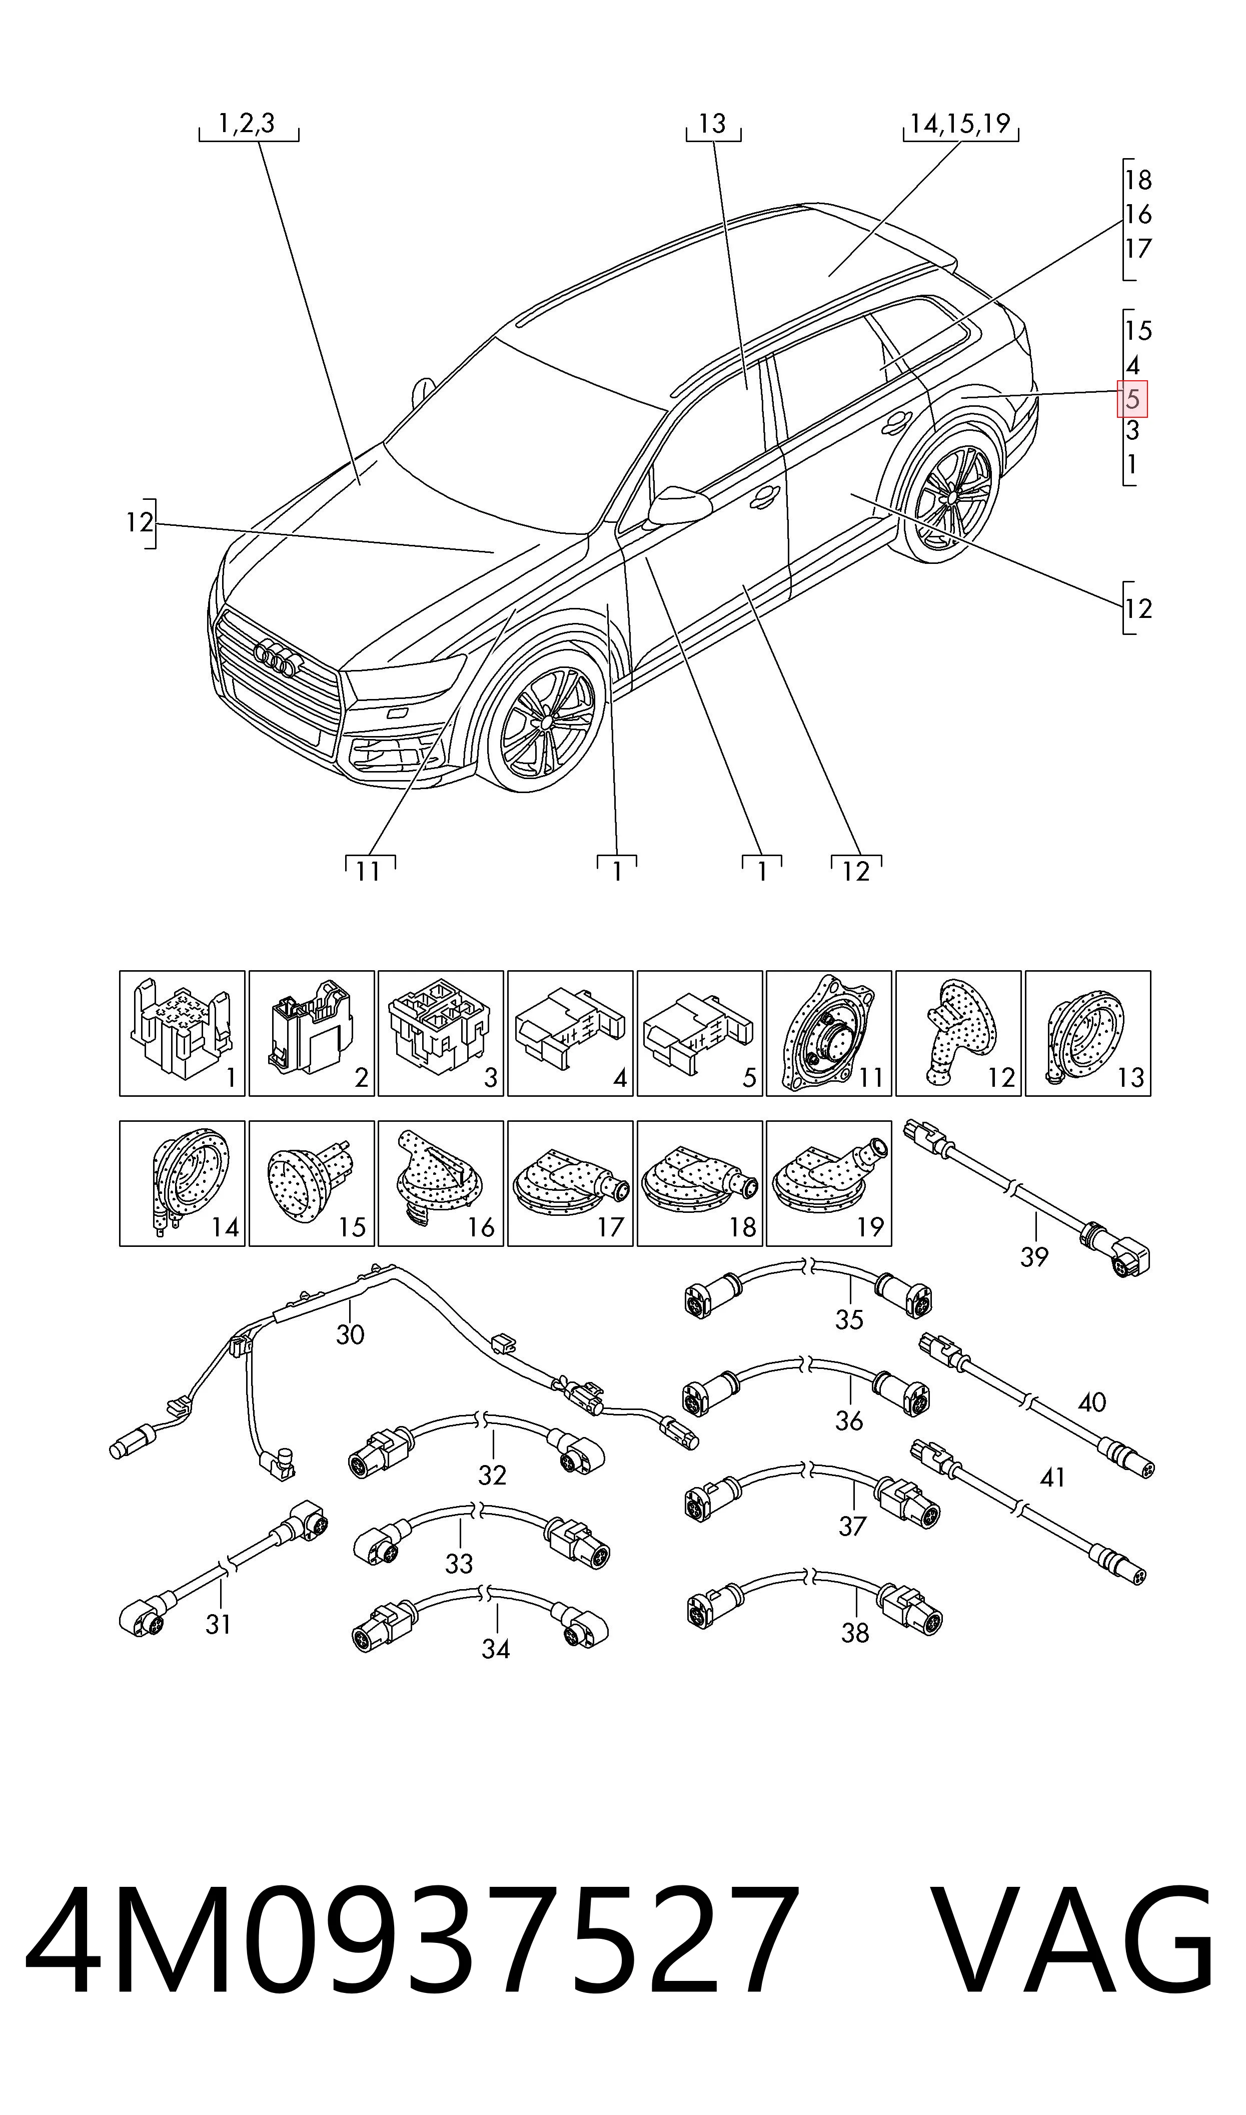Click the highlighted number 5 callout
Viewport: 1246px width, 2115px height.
(x=1132, y=399)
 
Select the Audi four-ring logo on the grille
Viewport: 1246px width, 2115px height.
(x=275, y=656)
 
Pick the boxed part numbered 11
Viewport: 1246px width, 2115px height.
(x=829, y=1034)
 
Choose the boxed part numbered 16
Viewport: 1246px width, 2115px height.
(x=441, y=1184)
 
